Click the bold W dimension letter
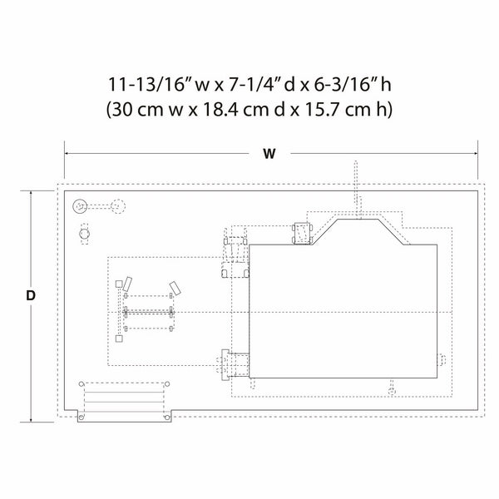click(x=269, y=154)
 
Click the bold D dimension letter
click(x=31, y=296)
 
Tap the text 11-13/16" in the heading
click(x=147, y=85)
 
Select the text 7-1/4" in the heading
click(x=251, y=85)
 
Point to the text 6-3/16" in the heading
click(x=344, y=85)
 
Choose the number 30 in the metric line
click(x=121, y=110)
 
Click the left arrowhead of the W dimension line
click(x=67, y=153)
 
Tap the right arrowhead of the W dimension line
click(x=475, y=153)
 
